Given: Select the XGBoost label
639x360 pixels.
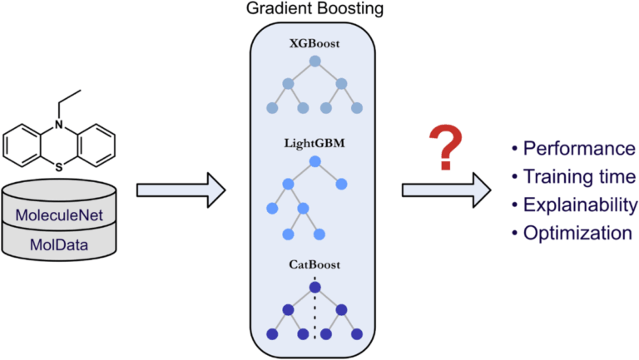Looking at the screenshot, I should coord(315,42).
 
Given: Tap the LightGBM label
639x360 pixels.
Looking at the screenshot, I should coord(315,143).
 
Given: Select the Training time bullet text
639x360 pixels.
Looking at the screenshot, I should coord(579,177).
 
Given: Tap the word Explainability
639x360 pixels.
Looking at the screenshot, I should coord(580,205).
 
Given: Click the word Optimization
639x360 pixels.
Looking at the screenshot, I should coord(577,233).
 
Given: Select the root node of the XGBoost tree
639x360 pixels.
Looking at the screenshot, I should coord(315,62).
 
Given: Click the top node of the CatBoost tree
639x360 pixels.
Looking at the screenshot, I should coord(315,288).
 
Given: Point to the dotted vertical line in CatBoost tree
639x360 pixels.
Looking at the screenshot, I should coord(315,316).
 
